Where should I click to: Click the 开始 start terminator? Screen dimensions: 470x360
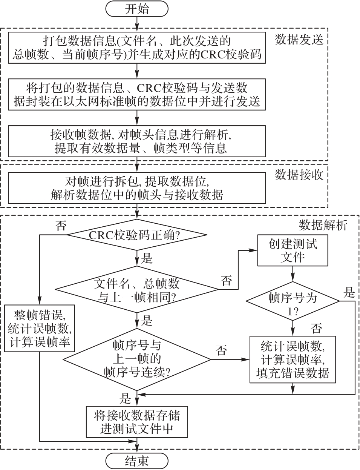[x=137, y=9]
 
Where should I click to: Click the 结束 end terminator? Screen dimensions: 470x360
[x=137, y=461]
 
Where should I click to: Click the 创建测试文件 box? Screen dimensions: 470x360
[x=293, y=250]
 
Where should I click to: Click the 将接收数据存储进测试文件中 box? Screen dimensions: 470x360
[x=137, y=422]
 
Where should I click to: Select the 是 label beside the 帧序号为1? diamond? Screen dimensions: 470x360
[x=349, y=292]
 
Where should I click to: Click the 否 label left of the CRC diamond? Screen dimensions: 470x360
[x=61, y=226]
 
